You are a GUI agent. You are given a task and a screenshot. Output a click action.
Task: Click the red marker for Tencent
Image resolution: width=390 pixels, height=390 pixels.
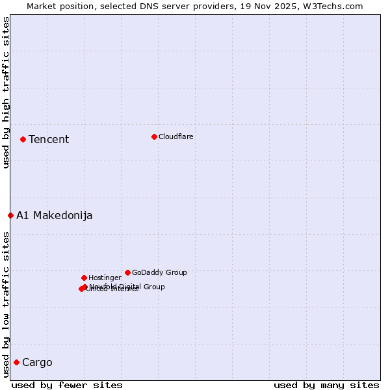pos(23,139)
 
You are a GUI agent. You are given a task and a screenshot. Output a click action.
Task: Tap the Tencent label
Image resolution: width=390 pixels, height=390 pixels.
pos(49,140)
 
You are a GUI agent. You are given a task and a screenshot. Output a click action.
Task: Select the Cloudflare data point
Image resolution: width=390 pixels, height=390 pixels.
pos(154,136)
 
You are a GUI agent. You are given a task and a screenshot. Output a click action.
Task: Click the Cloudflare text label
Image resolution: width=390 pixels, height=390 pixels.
pos(176,137)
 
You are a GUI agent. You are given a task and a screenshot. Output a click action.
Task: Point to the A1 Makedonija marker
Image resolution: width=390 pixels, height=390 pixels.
pos(10,215)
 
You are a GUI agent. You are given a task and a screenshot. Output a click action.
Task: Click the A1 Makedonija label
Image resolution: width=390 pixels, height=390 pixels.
pos(55,216)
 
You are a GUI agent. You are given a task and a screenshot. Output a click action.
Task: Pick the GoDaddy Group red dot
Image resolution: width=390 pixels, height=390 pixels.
pos(127,272)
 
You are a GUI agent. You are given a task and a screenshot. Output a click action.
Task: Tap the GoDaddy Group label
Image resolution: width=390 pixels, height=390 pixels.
pos(159,273)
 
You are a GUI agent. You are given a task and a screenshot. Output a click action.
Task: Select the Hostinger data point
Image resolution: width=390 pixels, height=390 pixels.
pos(84,278)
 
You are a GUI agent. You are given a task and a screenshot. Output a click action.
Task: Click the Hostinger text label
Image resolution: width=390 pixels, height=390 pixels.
pos(105,278)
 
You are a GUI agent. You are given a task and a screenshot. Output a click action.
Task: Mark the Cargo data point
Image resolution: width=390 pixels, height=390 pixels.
pos(16,362)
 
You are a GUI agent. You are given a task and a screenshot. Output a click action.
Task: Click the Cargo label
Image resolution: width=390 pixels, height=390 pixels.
pos(37,363)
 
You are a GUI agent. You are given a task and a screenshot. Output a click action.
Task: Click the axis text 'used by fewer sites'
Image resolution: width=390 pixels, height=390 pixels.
pos(67,385)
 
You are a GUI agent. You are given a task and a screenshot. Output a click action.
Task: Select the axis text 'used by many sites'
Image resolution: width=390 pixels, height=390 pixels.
pos(326,385)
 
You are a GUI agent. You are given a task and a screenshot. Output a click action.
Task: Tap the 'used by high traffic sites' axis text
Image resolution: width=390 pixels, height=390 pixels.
pos(6,92)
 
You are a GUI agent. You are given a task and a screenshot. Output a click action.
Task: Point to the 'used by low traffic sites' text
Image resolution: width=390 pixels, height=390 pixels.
pos(6,304)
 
